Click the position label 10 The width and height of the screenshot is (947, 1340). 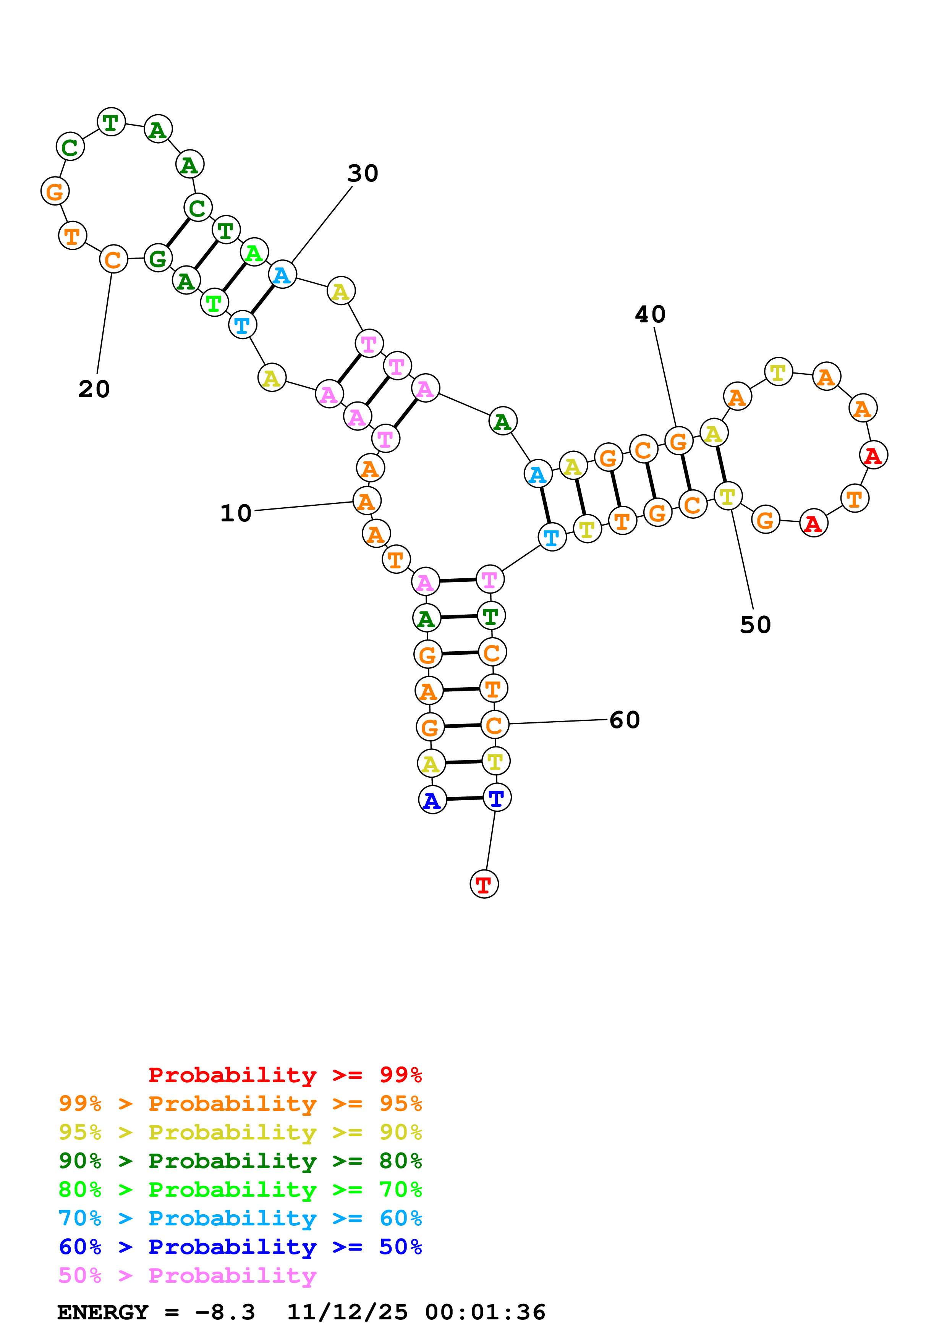tap(236, 513)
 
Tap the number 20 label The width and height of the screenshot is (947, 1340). tap(94, 389)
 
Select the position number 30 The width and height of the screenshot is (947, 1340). tap(363, 173)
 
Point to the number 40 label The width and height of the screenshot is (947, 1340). tap(650, 315)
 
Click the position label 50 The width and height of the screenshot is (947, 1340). tap(755, 625)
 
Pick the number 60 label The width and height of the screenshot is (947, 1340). tap(624, 720)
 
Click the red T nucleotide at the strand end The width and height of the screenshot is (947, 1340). tap(484, 884)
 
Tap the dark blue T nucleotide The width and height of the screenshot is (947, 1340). tap(497, 798)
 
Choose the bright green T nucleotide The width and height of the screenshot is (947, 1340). tap(214, 303)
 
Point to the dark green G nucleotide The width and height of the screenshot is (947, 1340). tap(157, 259)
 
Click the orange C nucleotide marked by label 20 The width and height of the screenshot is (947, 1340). tap(113, 260)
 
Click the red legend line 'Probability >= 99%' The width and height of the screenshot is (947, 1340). tap(285, 1075)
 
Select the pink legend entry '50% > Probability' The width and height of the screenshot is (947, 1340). tap(187, 1275)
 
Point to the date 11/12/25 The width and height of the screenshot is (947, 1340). tap(347, 1312)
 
